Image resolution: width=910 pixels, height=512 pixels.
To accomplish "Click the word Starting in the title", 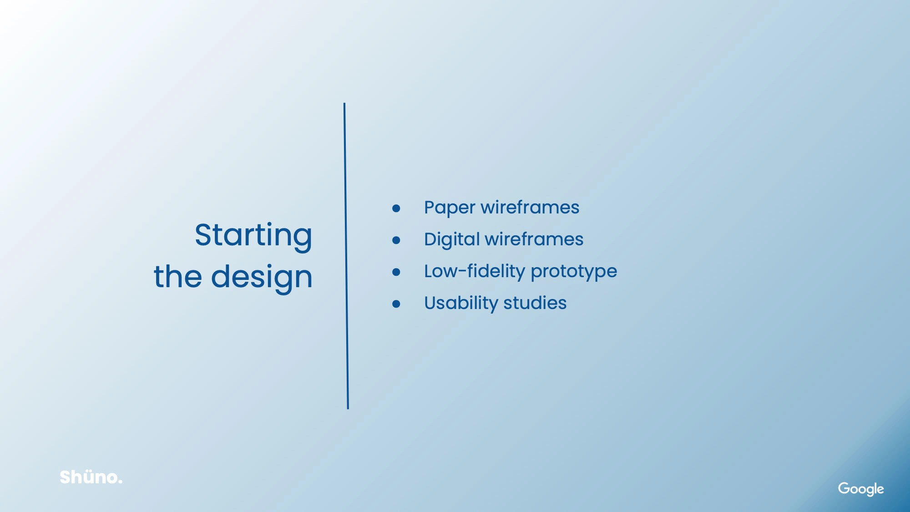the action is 253,236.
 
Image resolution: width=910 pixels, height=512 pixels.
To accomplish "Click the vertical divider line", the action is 346,256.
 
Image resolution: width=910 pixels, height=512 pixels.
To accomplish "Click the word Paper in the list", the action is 450,208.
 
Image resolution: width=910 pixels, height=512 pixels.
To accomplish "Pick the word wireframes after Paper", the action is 530,207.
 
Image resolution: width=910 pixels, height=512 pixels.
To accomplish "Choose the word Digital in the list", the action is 452,240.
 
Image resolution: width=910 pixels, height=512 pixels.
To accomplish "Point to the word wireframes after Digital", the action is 534,239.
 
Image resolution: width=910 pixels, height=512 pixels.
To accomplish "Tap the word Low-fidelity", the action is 475,272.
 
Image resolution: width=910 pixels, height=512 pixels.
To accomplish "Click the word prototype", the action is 574,272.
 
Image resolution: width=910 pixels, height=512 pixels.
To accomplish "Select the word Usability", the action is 461,304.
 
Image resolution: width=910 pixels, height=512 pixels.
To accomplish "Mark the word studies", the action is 535,303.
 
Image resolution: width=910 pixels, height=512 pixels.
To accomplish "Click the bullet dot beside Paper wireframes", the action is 396,208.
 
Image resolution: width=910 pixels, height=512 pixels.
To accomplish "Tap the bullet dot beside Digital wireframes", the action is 396,240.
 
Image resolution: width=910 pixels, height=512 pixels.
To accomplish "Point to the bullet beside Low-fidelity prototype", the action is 396,272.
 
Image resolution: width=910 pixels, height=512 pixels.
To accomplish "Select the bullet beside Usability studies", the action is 396,304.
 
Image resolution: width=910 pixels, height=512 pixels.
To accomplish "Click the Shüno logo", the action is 91,477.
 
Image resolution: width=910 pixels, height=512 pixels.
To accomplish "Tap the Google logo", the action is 861,489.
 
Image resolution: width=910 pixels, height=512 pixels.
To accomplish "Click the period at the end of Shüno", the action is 120,482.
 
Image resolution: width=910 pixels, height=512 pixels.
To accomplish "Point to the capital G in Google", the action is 844,488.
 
